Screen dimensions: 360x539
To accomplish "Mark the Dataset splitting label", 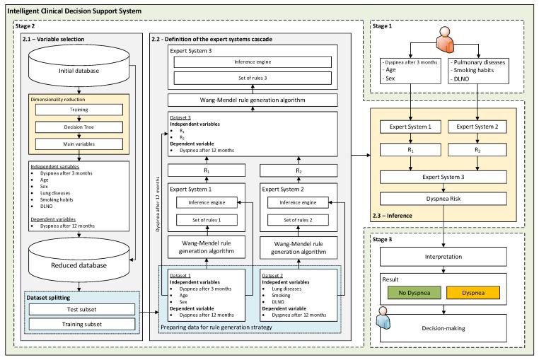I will click(47, 298).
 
